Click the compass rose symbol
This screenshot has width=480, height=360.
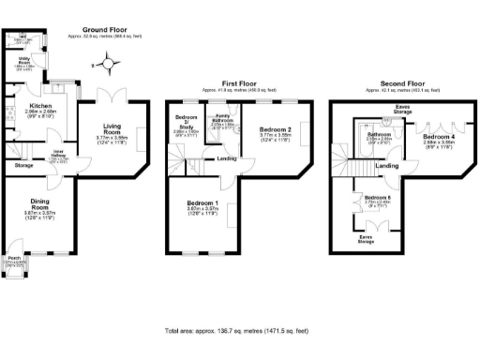click(x=109, y=64)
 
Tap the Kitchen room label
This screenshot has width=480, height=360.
click(x=40, y=107)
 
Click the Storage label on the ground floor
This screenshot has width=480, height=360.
click(x=23, y=165)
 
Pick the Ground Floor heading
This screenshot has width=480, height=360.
click(x=104, y=29)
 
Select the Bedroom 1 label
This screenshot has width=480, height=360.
click(x=202, y=204)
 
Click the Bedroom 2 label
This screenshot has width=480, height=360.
click(x=276, y=128)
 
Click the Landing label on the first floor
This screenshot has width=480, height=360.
click(x=226, y=158)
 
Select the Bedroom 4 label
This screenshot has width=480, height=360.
click(x=440, y=137)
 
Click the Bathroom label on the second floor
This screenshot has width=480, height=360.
click(x=379, y=135)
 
